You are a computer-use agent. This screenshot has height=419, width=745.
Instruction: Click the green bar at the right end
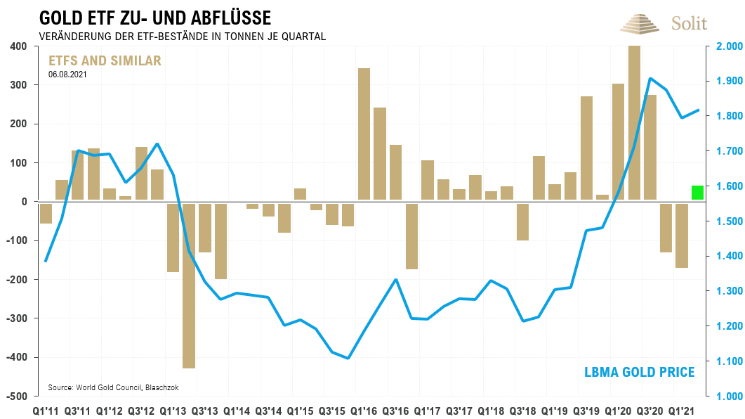(x=697, y=193)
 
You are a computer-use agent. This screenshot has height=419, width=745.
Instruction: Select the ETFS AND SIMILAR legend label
(x=104, y=61)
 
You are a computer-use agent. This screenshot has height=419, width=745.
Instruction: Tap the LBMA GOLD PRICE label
(x=639, y=372)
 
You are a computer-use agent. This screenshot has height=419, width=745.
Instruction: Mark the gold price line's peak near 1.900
(x=650, y=79)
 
